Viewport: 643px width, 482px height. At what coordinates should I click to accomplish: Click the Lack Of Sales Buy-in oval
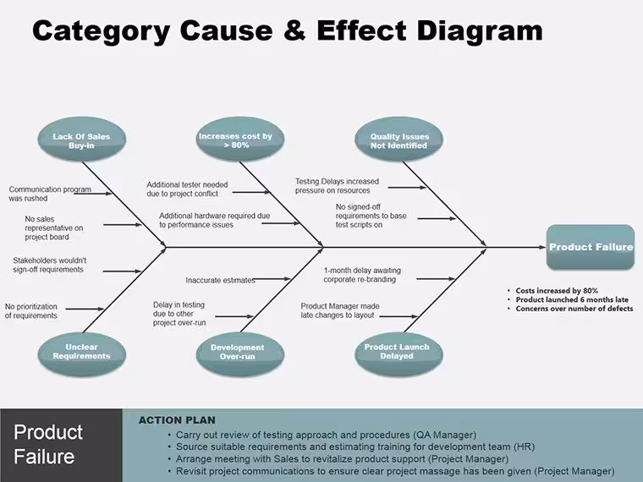pos(81,140)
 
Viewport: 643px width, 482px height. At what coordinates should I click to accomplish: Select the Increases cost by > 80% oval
pos(240,140)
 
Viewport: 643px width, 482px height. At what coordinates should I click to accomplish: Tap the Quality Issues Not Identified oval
pos(398,140)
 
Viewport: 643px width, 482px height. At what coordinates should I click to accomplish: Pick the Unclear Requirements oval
pos(81,353)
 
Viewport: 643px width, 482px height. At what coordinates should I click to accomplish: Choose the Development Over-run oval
pos(240,354)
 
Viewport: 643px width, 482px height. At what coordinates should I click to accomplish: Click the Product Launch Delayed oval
pos(398,353)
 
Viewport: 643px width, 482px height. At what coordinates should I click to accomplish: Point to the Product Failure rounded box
pos(591,247)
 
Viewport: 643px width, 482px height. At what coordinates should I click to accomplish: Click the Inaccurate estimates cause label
pos(220,281)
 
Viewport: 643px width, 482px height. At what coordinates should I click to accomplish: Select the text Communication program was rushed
pos(50,194)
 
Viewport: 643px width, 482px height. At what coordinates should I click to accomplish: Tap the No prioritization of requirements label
pos(31,311)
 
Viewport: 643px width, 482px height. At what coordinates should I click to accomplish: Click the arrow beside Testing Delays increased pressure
pos(407,188)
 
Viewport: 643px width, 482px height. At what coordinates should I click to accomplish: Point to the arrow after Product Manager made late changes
pos(398,316)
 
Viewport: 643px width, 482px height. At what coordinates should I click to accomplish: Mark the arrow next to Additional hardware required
pos(281,223)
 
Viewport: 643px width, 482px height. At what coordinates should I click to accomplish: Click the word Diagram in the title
pos(480,30)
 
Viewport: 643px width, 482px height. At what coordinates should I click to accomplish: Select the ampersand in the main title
pos(294,30)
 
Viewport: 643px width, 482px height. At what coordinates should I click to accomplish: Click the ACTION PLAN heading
pos(177,420)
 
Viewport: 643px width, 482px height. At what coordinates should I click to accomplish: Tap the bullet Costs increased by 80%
pos(557,291)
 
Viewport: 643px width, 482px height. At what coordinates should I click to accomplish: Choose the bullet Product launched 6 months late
pos(572,299)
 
